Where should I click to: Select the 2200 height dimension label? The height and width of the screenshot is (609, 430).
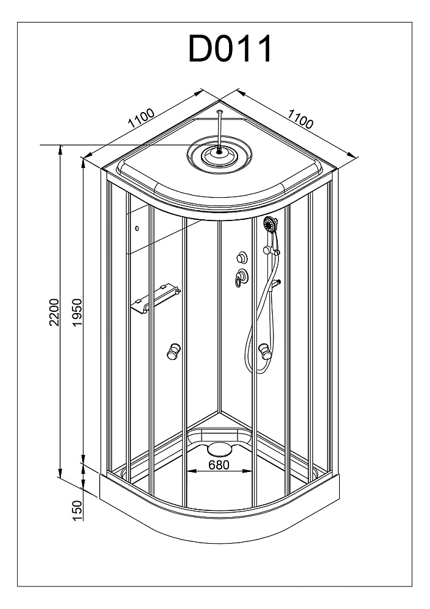[55, 312]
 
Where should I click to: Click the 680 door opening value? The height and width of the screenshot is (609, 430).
[218, 465]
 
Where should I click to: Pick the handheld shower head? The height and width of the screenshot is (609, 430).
[270, 225]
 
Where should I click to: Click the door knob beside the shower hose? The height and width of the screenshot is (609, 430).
[264, 351]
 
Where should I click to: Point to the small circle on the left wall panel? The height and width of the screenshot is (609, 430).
[136, 229]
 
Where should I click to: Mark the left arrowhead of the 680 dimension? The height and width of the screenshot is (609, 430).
[186, 471]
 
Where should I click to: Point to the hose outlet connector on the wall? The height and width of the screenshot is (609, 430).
[277, 283]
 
